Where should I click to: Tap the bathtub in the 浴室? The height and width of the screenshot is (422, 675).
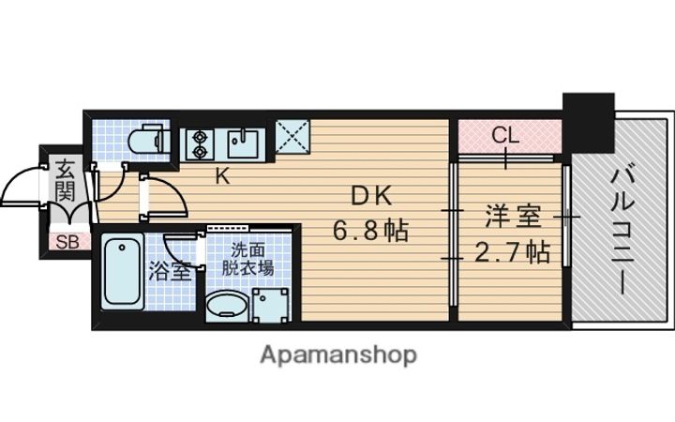click(x=122, y=272)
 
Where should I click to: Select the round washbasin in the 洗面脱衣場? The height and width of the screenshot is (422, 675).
click(x=226, y=307)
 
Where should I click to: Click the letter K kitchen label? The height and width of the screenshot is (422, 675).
click(x=223, y=174)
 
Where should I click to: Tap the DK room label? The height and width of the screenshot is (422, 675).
click(x=368, y=195)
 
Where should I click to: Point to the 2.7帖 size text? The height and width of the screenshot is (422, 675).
click(x=512, y=251)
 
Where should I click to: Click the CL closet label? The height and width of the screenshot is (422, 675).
click(x=506, y=135)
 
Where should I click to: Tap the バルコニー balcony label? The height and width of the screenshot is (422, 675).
click(x=622, y=228)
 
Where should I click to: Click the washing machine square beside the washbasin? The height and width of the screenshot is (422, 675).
click(x=272, y=303)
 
